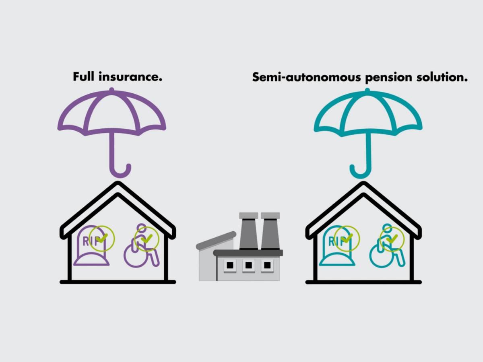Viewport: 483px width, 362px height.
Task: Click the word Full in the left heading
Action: [84, 76]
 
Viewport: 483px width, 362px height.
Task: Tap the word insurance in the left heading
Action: [130, 76]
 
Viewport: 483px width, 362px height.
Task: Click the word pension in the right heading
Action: [388, 78]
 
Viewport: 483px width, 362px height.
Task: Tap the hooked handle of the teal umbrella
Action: [360, 171]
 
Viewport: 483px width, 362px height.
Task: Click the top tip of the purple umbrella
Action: [111, 89]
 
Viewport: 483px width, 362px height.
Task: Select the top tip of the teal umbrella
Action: [367, 90]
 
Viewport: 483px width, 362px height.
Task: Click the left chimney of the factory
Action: [249, 231]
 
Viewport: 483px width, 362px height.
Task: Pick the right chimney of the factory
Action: [270, 231]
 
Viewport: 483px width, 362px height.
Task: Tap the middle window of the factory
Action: [249, 265]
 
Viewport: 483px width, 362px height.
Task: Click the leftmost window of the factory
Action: [230, 265]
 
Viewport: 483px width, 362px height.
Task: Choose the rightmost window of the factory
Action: [267, 265]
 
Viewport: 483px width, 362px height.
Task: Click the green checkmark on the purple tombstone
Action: [102, 238]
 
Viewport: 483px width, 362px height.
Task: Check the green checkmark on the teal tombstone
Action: [347, 238]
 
